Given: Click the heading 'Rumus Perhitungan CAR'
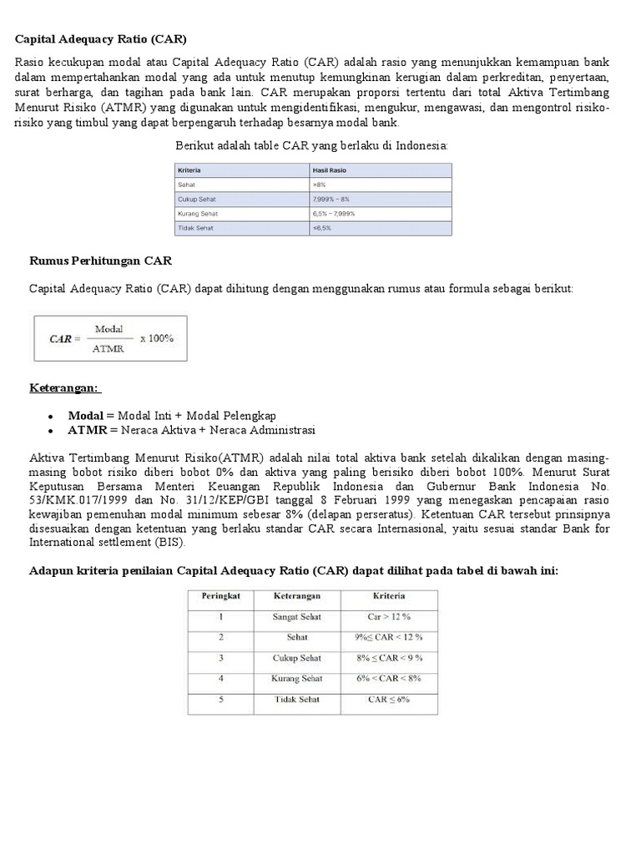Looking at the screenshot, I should (x=101, y=261).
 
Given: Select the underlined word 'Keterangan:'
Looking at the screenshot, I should (x=64, y=388).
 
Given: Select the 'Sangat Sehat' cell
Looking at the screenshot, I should (x=296, y=617).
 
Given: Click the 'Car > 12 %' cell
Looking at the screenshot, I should (x=389, y=617).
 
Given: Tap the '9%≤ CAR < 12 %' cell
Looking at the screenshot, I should (x=389, y=637).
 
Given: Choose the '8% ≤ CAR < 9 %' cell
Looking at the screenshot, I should (x=389, y=658).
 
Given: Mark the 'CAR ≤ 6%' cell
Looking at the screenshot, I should (x=389, y=699).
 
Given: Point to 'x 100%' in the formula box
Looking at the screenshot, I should (x=157, y=338).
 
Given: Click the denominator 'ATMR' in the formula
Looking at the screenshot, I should (x=109, y=348).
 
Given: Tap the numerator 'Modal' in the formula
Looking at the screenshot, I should (x=109, y=329).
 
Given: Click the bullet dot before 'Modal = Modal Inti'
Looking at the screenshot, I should (x=51, y=416).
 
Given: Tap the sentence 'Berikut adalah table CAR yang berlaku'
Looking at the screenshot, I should (x=311, y=145).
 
